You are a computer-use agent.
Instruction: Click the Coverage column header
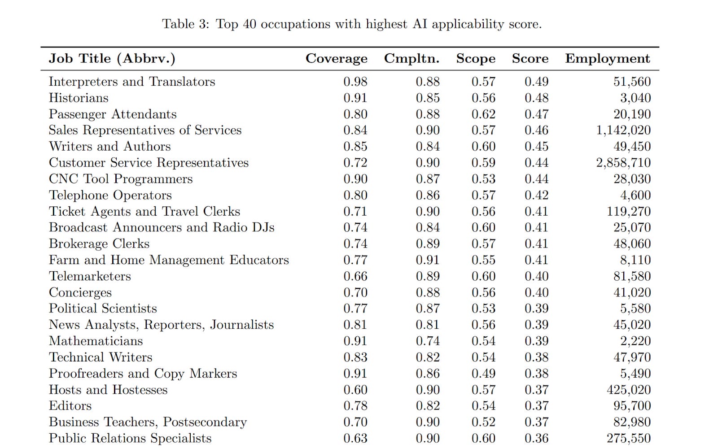[336, 59]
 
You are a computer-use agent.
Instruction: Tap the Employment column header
[607, 59]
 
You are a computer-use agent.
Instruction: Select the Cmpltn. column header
[412, 59]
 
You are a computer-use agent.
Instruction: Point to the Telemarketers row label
[90, 276]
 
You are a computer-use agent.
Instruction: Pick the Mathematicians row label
[96, 341]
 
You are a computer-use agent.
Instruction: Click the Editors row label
[70, 406]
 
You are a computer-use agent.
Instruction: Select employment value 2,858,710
[623, 163]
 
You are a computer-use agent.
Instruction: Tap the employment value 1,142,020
[623, 130]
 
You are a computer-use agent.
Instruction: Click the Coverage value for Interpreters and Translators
[355, 82]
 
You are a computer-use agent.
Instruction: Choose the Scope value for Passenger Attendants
[483, 114]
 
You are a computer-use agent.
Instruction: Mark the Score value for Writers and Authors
[536, 147]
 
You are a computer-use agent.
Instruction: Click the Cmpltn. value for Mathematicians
[428, 341]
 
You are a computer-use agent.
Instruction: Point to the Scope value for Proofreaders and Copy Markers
[483, 374]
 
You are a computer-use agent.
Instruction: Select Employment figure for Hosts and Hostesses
[629, 390]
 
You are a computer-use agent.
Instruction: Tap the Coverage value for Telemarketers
[355, 276]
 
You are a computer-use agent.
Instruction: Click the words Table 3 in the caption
[185, 24]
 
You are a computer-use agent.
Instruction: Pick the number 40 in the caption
[249, 24]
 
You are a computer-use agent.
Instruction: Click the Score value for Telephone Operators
[536, 195]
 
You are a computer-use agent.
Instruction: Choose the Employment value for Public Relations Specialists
[629, 438]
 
